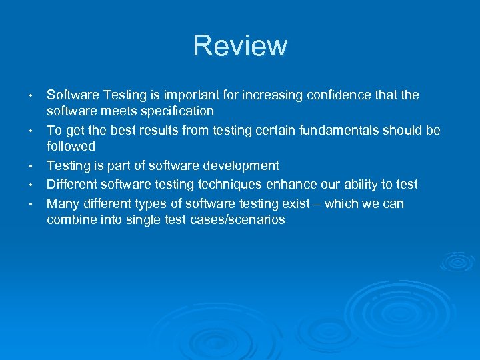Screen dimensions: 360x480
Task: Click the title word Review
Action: (240, 45)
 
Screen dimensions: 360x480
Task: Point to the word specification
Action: (176, 111)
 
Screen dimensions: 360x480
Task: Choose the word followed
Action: (71, 146)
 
